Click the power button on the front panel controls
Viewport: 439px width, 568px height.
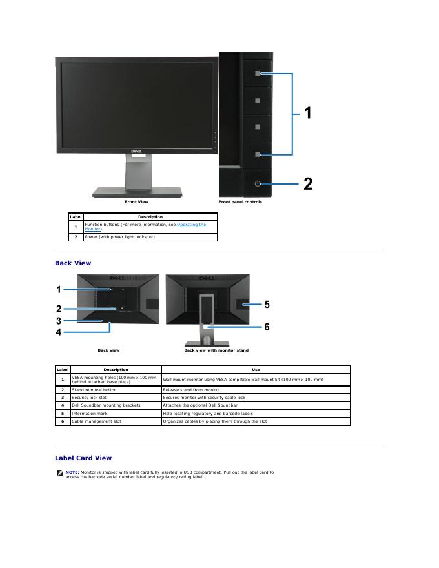(x=258, y=184)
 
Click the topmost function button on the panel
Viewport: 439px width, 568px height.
(x=258, y=74)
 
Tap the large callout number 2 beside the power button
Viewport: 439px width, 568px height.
(x=308, y=184)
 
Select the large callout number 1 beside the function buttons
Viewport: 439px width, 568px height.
(x=308, y=113)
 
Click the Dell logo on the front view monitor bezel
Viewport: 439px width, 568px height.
(x=136, y=151)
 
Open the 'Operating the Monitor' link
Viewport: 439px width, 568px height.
(x=191, y=225)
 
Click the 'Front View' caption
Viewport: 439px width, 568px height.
(x=136, y=202)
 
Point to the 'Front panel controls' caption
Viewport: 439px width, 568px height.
(x=240, y=202)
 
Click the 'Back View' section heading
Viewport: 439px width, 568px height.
(x=73, y=263)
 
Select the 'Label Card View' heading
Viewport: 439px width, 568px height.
(x=83, y=458)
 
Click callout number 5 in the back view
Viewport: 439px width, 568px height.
(x=267, y=303)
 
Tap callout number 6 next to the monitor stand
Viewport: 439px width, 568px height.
(x=267, y=327)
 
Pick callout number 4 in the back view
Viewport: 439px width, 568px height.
(x=59, y=332)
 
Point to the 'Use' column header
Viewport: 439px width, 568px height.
(x=256, y=370)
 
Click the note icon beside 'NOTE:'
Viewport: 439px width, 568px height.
(x=59, y=473)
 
